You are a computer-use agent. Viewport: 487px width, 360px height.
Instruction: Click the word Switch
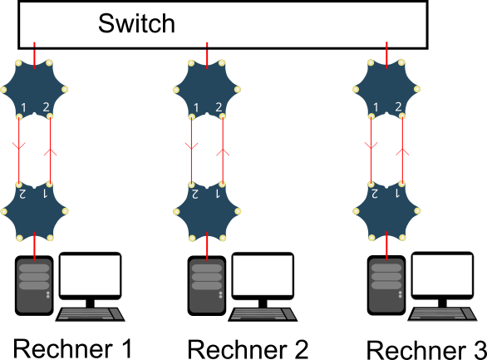tap(136, 23)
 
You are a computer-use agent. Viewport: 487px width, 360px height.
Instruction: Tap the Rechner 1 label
tap(73, 349)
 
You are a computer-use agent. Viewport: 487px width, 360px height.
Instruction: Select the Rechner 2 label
tap(248, 349)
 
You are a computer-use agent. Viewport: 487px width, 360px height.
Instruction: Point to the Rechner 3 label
tap(426, 350)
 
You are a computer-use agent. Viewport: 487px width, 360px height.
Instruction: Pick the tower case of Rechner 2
tap(207, 285)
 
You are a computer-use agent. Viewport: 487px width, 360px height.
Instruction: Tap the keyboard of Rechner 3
tap(442, 314)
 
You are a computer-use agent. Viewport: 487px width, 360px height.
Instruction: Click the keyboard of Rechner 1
tap(90, 314)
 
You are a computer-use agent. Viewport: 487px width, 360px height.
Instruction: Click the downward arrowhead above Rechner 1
tap(18, 145)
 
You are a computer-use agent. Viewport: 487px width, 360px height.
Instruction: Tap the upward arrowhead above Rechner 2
tap(223, 152)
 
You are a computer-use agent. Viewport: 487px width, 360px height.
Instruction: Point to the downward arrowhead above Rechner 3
tap(371, 145)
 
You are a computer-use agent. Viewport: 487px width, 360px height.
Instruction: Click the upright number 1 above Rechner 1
tap(23, 107)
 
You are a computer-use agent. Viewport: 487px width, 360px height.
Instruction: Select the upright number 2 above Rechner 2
tap(219, 107)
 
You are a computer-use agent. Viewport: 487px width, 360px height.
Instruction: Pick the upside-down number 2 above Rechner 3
tap(374, 194)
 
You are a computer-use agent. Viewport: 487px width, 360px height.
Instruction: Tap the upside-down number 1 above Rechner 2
tap(218, 194)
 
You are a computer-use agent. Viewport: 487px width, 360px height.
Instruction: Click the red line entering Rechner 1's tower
tap(34, 246)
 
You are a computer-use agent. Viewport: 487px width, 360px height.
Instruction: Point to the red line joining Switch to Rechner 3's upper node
tap(386, 55)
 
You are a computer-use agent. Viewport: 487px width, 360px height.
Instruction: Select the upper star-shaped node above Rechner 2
tap(207, 90)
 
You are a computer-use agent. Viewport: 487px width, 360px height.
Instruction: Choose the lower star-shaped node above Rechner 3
tap(386, 211)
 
